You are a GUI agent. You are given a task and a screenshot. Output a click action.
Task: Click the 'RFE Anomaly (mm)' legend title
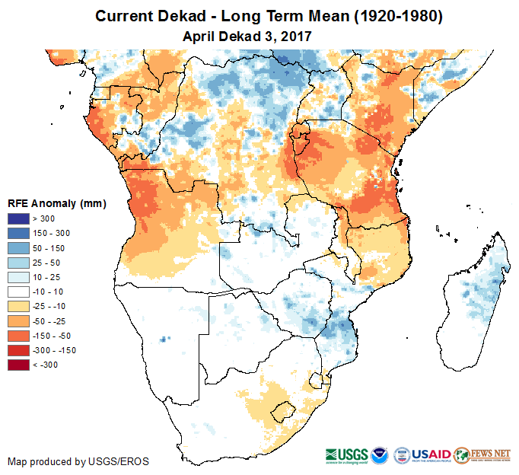56,203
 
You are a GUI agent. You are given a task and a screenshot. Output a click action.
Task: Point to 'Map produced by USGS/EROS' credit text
78,461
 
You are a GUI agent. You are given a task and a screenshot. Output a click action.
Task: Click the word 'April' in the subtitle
200,35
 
